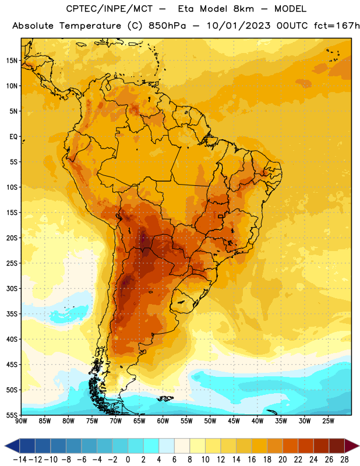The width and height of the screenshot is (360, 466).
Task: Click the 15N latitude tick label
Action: tap(12, 61)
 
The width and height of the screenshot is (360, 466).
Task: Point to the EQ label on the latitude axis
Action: tap(13, 137)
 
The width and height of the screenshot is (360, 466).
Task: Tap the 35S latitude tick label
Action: tap(12, 314)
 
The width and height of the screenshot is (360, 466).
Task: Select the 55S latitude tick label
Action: tap(12, 415)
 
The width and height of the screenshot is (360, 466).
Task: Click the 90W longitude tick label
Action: tap(21, 421)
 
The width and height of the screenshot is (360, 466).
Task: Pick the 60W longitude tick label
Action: tap(163, 421)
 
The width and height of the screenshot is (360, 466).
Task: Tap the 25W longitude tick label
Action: tap(328, 421)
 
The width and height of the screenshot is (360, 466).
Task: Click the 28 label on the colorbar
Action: tap(344, 460)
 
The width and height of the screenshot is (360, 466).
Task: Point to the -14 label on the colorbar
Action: tap(20, 460)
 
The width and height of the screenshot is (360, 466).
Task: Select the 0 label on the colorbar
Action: tap(128, 460)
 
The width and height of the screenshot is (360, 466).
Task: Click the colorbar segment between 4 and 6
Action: tap(167, 446)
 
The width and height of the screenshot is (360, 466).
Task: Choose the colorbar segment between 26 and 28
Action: tap(337, 446)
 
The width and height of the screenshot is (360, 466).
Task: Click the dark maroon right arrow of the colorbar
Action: tap(351, 446)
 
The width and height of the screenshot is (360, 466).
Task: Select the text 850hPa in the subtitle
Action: tap(167, 26)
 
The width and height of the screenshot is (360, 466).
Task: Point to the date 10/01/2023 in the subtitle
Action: tap(238, 26)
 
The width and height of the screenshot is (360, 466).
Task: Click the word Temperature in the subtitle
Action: tap(90, 26)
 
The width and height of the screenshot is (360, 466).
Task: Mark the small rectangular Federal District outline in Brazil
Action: tap(221, 216)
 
